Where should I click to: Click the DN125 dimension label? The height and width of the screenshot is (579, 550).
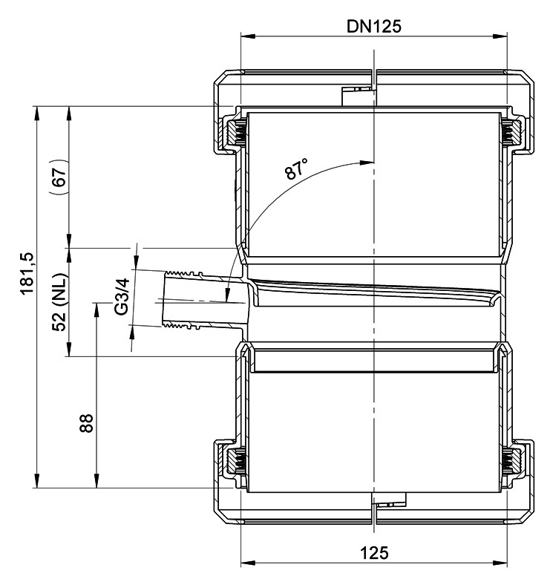[373, 26]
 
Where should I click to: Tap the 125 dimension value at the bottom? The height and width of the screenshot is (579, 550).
[374, 553]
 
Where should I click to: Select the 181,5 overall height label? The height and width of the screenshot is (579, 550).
[28, 273]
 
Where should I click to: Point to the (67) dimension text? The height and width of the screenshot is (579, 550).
[59, 177]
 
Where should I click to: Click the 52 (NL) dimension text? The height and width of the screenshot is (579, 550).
[59, 302]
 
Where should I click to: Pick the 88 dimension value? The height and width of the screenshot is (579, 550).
[86, 423]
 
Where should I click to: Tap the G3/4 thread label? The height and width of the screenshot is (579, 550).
[122, 296]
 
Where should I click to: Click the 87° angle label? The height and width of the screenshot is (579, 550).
[296, 169]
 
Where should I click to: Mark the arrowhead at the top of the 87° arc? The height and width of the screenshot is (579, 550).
[367, 163]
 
